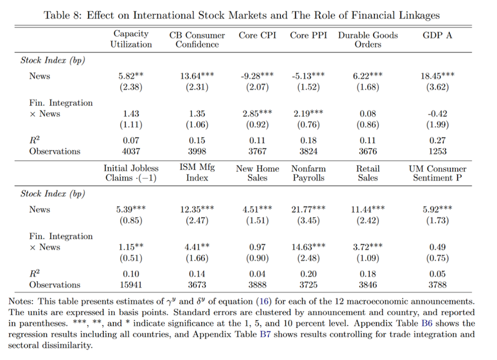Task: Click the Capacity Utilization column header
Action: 131,39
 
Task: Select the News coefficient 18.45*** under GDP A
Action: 437,76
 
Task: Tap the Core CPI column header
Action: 257,35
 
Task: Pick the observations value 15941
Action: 131,285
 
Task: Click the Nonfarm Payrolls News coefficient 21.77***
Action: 309,209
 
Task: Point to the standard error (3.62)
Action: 437,87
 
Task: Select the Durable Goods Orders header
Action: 368,39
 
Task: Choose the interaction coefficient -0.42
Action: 437,113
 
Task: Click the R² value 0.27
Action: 437,140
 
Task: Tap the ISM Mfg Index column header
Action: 197,172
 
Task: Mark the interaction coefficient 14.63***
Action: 309,247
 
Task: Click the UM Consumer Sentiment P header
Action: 437,173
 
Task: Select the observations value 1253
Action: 437,151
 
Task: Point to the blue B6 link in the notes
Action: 427,323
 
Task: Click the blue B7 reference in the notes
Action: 265,334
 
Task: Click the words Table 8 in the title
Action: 63,15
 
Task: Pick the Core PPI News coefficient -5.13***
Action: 309,76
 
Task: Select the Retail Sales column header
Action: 368,173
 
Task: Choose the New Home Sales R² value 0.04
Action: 257,273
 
